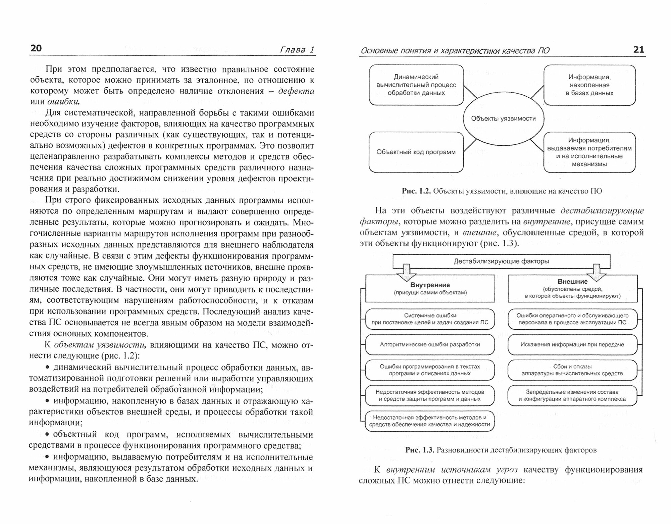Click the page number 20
pyautogui.click(x=36, y=48)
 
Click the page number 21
pyautogui.click(x=638, y=50)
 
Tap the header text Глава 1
pyautogui.click(x=297, y=50)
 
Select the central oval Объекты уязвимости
pyautogui.click(x=503, y=118)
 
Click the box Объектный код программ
pyautogui.click(x=416, y=152)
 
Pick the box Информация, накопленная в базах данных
pyautogui.click(x=589, y=85)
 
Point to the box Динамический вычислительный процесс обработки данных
pyautogui.click(x=416, y=85)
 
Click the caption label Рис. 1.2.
pyautogui.click(x=416, y=191)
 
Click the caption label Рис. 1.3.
pyautogui.click(x=420, y=450)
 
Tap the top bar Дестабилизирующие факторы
pyautogui.click(x=501, y=261)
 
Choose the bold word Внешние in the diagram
pyautogui.click(x=572, y=282)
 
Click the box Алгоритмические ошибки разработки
pyautogui.click(x=430, y=344)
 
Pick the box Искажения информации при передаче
pyautogui.click(x=572, y=344)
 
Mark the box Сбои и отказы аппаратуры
pyautogui.click(x=572, y=370)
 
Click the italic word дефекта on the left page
pyautogui.click(x=296, y=91)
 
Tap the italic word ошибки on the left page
pyautogui.click(x=63, y=102)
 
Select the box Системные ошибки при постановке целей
pyautogui.click(x=430, y=319)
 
